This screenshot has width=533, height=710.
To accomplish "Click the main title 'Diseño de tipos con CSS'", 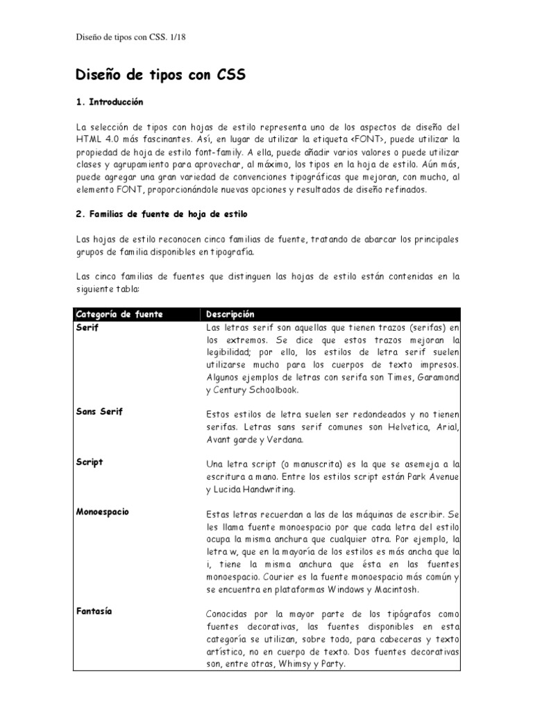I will pyautogui.click(x=160, y=75).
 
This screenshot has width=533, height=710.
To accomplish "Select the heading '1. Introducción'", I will pyautogui.click(x=109, y=102).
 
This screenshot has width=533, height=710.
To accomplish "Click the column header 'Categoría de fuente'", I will pyautogui.click(x=119, y=314).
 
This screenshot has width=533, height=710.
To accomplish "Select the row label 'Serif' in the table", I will pyautogui.click(x=87, y=327).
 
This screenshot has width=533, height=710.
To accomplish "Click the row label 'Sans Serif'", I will pyautogui.click(x=99, y=412).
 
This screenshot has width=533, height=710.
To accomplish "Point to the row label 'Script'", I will pyautogui.click(x=89, y=462).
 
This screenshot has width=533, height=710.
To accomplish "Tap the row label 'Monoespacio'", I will pyautogui.click(x=103, y=512).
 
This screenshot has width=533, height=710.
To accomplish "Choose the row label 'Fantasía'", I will pyautogui.click(x=94, y=612).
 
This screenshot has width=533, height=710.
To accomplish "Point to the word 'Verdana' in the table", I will pyautogui.click(x=283, y=440).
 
